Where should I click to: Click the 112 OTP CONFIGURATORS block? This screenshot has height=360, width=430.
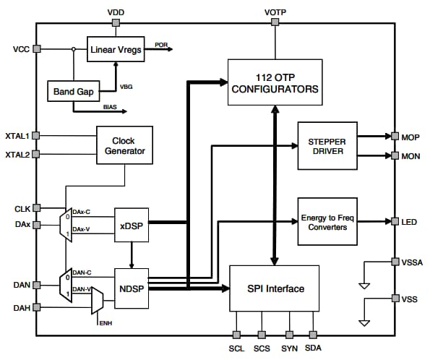(x=274, y=84)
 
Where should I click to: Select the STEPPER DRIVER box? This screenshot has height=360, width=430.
(x=327, y=146)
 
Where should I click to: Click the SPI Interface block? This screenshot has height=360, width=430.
(x=274, y=288)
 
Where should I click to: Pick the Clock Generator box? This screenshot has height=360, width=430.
(x=129, y=145)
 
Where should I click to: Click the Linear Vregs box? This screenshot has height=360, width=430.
(x=116, y=50)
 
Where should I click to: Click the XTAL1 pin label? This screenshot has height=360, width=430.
(x=17, y=135)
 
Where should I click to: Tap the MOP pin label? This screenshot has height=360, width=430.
(x=411, y=136)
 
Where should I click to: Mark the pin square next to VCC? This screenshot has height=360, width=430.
(x=36, y=49)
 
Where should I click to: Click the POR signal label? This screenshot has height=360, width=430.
(x=161, y=45)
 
